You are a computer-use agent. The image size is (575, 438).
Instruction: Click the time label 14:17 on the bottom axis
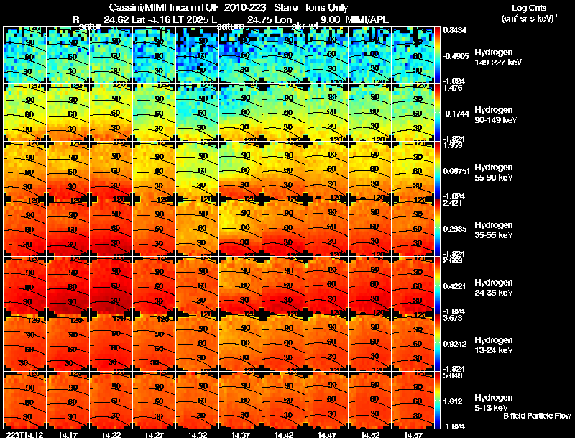[68, 434]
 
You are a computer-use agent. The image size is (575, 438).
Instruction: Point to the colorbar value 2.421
[453, 204]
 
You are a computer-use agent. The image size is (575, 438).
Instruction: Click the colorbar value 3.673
[453, 318]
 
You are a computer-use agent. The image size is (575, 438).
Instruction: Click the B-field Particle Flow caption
[536, 416]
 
